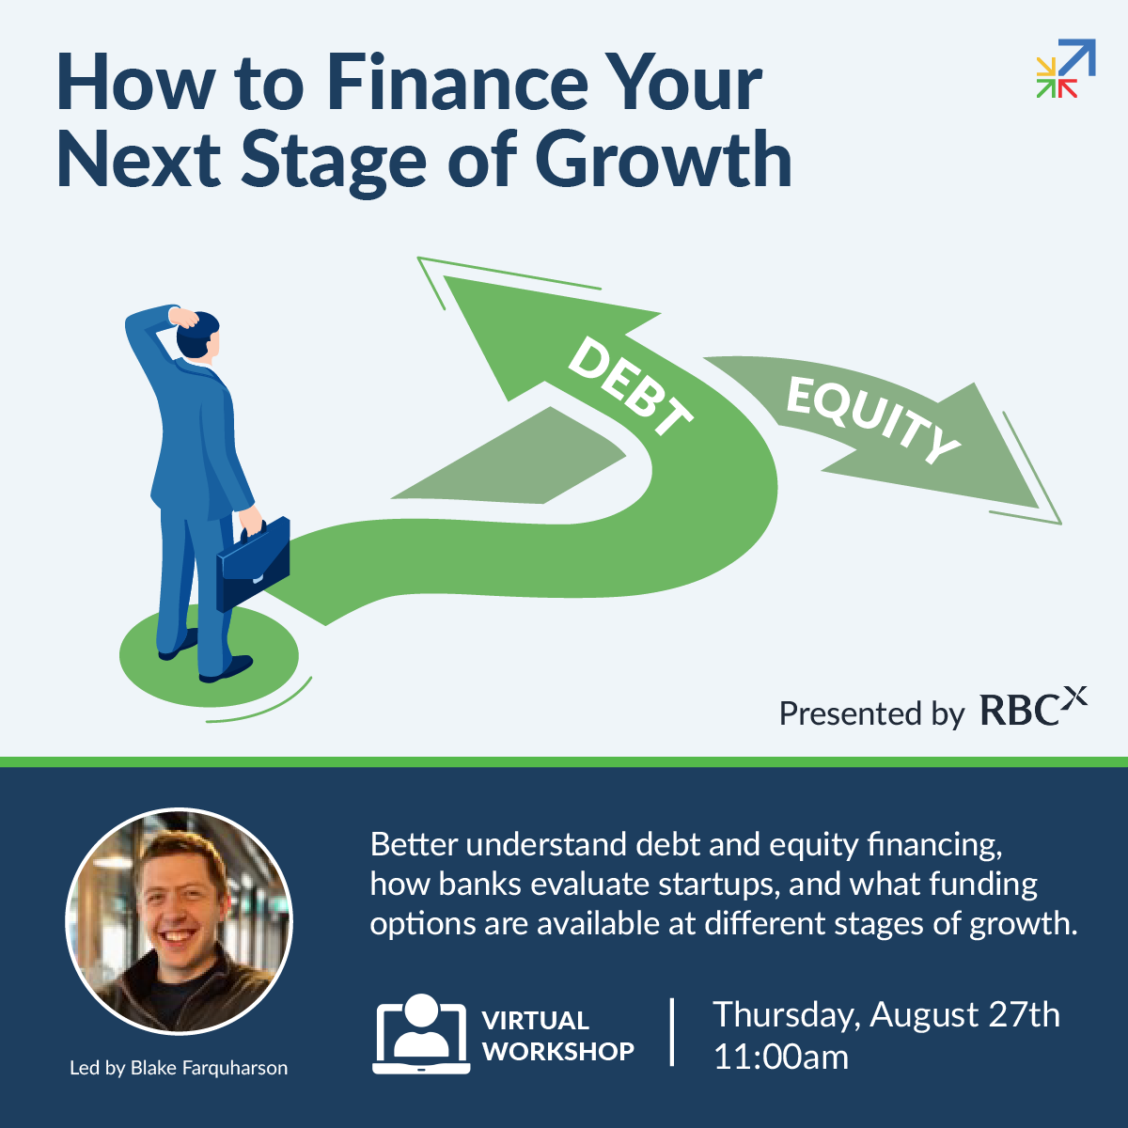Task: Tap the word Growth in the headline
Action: pos(663,159)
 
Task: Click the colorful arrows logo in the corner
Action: pos(1065,68)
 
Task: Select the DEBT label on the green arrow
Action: pos(630,387)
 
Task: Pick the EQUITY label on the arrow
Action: pos(872,419)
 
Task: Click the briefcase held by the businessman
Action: pos(253,563)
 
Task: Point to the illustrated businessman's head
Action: pos(198,335)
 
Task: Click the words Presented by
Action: pos(871,713)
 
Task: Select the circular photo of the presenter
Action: pos(180,921)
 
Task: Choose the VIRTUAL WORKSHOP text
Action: pos(557,1036)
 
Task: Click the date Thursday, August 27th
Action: pos(886,1015)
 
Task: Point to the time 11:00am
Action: pos(781,1057)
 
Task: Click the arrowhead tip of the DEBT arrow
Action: pos(445,276)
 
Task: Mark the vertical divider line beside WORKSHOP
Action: pos(672,1032)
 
